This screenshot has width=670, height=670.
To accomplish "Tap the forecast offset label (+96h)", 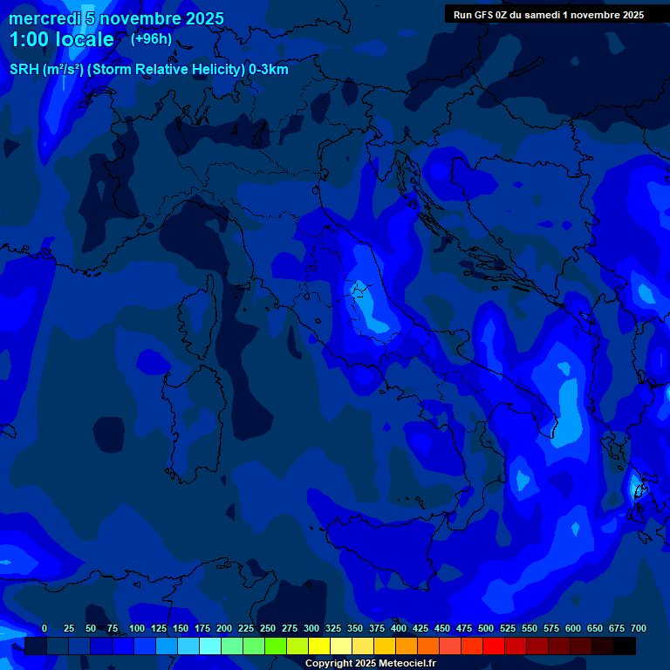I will click(x=151, y=39).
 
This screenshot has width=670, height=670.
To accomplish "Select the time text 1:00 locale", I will click(x=61, y=40).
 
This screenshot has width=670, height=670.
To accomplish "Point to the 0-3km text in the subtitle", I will click(x=268, y=70).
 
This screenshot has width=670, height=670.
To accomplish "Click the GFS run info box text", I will click(x=548, y=15).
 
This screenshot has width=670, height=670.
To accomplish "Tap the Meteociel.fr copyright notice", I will click(x=370, y=663).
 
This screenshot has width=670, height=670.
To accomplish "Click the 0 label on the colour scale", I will click(x=44, y=628).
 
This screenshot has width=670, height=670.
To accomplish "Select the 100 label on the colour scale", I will click(x=137, y=628).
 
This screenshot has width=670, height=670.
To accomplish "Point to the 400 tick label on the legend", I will click(x=399, y=628).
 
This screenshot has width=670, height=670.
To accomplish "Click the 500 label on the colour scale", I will click(x=486, y=628).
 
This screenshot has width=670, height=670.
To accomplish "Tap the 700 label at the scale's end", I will click(x=638, y=628).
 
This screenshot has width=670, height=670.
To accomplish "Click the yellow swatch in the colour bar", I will click(x=319, y=646).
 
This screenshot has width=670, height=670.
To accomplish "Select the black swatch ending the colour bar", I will click(x=625, y=646).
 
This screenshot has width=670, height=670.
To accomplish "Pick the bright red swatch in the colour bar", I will click(x=494, y=646).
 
